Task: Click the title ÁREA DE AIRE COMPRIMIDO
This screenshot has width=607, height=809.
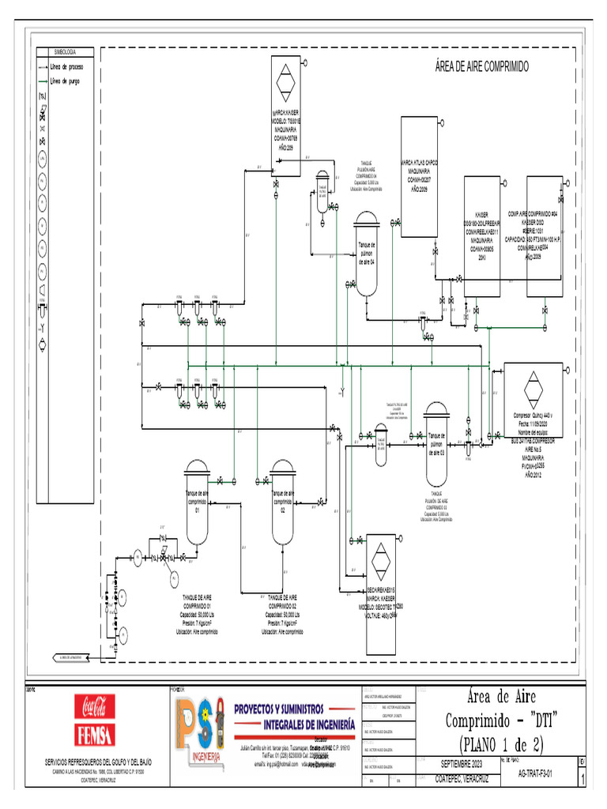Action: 481,66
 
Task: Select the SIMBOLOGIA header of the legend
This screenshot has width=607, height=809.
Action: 65,51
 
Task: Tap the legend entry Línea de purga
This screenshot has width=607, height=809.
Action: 65,81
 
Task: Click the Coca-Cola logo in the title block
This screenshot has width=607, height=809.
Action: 95,704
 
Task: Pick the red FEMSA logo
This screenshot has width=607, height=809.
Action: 95,734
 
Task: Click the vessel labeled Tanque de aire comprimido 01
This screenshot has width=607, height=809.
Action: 197,502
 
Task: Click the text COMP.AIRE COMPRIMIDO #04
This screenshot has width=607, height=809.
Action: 533,214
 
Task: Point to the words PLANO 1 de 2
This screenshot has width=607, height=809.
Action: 501,743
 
